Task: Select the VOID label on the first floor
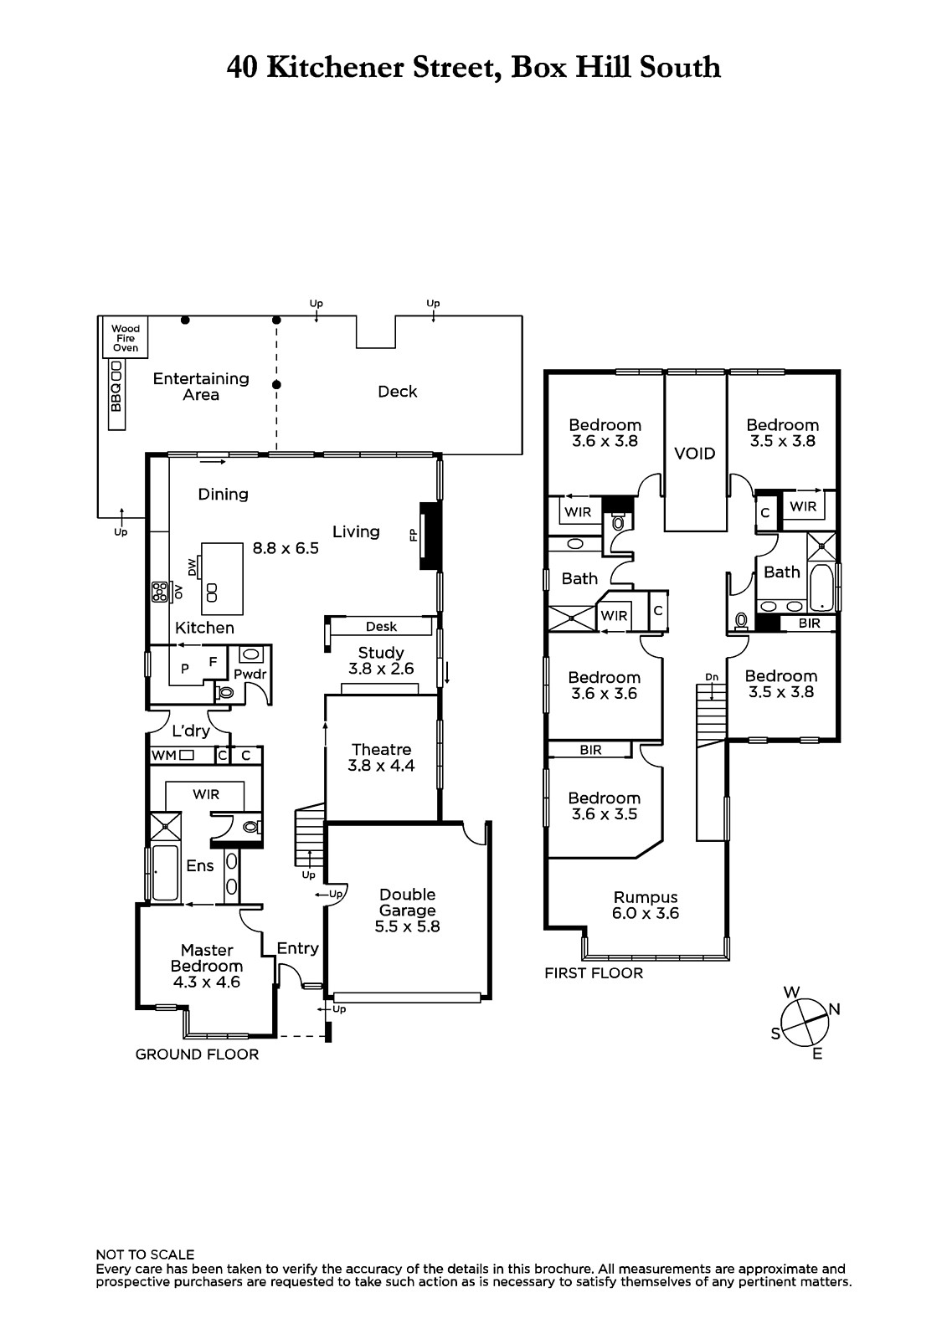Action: click(694, 454)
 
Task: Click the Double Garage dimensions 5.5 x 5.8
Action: click(408, 926)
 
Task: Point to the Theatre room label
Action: click(382, 750)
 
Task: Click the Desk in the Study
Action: click(381, 627)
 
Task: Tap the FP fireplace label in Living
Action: click(413, 536)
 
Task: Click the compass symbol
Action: click(805, 1023)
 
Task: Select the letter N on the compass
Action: click(835, 1009)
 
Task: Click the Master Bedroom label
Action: click(207, 958)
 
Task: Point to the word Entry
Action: click(298, 949)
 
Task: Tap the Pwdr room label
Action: click(250, 675)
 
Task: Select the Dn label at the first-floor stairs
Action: click(712, 677)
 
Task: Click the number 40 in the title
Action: click(242, 68)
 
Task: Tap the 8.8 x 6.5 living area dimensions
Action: click(286, 548)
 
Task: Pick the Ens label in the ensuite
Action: click(200, 865)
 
